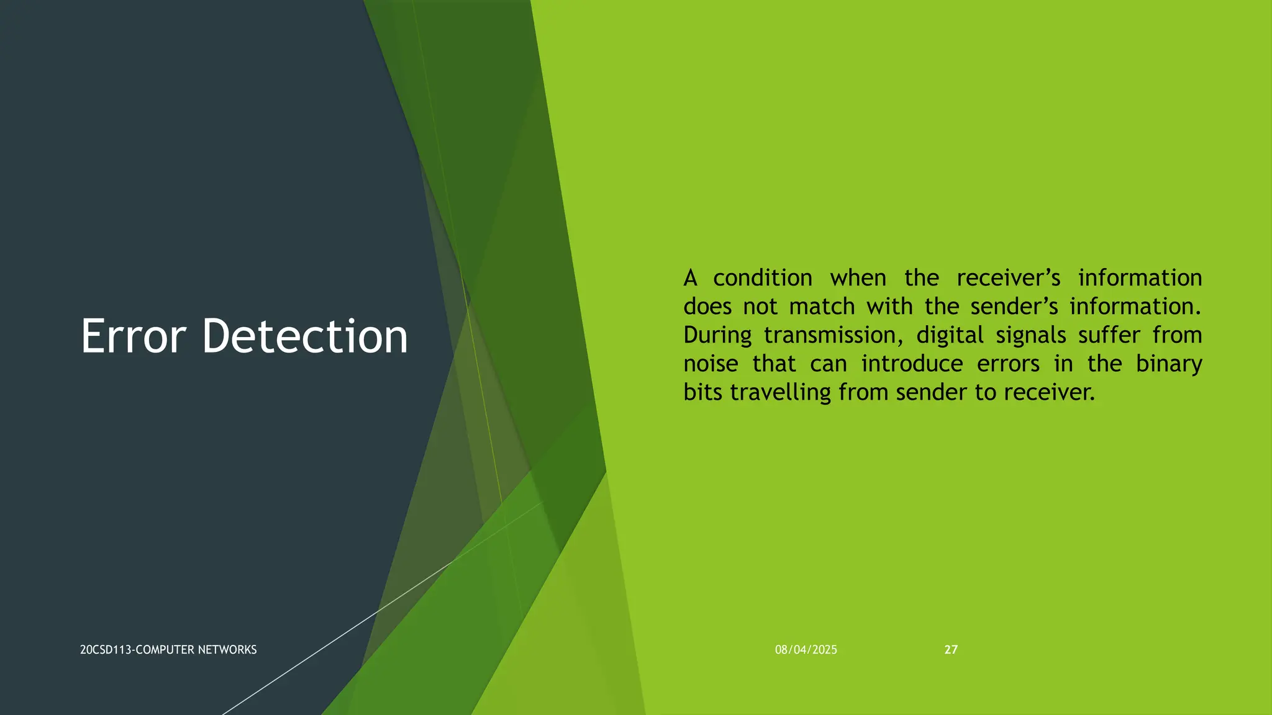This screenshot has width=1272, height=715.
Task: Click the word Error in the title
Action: [133, 336]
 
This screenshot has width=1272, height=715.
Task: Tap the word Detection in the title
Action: [304, 336]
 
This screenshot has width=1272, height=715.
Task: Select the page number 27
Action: [951, 650]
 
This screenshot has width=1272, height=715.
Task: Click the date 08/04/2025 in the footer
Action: [806, 650]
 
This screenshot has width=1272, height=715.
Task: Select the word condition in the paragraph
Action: [762, 278]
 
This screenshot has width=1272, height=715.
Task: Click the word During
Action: [717, 335]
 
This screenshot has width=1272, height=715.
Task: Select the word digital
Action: [950, 335]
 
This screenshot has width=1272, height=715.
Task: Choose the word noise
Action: [711, 364]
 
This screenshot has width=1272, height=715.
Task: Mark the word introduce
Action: [912, 364]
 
